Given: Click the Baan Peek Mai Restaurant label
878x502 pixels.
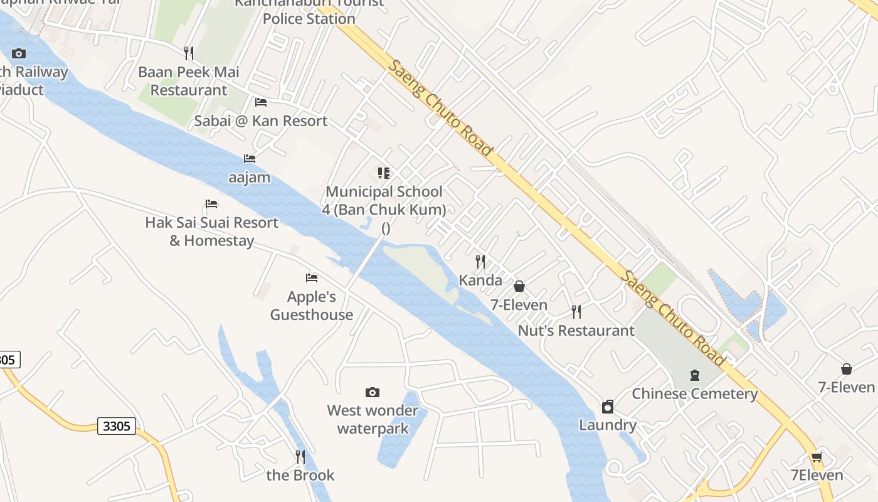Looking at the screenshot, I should [188, 81].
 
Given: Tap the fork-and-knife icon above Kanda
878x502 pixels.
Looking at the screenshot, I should [480, 261].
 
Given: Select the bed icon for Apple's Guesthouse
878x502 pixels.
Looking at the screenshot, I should [312, 278].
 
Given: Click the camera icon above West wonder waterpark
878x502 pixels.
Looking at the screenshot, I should [373, 393].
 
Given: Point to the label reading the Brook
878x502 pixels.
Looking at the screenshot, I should [300, 475].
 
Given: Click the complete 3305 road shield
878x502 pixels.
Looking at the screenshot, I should [117, 426].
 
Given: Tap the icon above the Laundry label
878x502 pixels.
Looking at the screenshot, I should [607, 407].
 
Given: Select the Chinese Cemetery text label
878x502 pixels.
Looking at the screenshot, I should [695, 394].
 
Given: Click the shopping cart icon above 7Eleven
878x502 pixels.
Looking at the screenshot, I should [817, 457].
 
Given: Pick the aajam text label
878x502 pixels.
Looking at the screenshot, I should [250, 178].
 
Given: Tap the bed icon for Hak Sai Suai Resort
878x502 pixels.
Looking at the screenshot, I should [211, 204].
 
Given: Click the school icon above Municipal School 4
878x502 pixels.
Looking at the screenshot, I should [384, 173].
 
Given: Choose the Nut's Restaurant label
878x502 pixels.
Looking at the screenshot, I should [576, 330].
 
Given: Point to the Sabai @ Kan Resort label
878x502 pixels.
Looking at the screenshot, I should [261, 121].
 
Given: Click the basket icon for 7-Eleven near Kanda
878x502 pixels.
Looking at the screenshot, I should [519, 287].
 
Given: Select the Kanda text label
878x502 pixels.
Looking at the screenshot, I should [480, 280].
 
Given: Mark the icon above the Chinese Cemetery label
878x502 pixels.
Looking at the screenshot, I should [695, 375].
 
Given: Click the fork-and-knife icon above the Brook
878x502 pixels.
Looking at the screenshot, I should [300, 456].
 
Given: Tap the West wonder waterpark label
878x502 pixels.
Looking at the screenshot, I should [373, 419].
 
